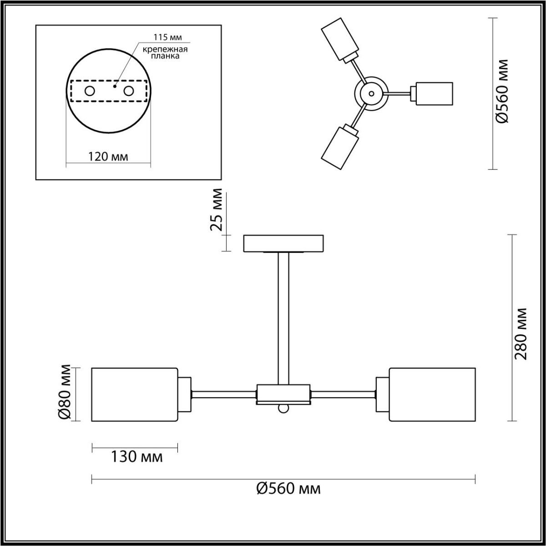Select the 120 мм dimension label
coord(108,157)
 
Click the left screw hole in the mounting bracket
coord(90,91)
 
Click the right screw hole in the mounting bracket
coord(129,91)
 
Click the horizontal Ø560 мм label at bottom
coord(288,489)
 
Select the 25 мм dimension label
coord(217,210)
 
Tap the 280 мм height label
coord(521,334)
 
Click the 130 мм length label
coord(136,456)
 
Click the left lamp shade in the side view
coord(135,394)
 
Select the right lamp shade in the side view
coord(432,394)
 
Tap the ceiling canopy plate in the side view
coord(283,243)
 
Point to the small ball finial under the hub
coord(283,409)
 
